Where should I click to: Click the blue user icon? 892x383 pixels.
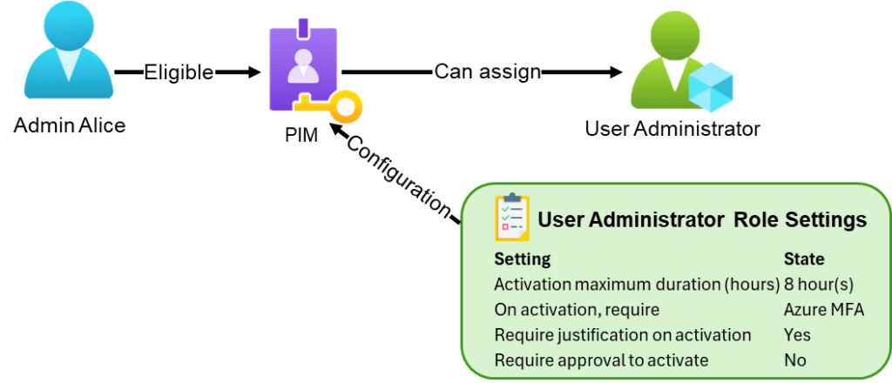(x=67, y=52)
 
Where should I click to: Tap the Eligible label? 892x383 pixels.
(x=179, y=74)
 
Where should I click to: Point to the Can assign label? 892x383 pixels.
(x=487, y=71)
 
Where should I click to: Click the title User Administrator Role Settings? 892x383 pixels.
(x=702, y=220)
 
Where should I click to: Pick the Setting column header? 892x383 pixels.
(x=522, y=259)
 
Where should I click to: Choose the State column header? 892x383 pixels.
(x=804, y=259)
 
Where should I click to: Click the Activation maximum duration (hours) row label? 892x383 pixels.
(x=636, y=285)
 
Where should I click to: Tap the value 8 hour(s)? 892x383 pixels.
(x=819, y=285)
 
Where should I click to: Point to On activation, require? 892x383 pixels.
(x=576, y=310)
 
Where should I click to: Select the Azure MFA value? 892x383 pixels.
(x=824, y=310)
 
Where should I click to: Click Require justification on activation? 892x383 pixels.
(x=622, y=335)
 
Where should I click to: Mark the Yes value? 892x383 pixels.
(x=797, y=335)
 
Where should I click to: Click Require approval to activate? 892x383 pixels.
(x=601, y=360)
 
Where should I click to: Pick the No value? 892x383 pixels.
(x=795, y=360)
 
